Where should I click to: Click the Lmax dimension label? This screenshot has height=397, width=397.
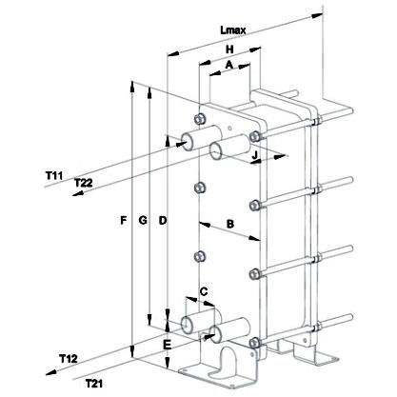(233, 30)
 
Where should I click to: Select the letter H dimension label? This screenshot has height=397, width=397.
(229, 50)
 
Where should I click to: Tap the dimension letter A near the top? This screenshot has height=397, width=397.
(228, 65)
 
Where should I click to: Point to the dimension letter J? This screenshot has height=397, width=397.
(254, 155)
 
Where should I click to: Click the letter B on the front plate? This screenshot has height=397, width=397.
(230, 224)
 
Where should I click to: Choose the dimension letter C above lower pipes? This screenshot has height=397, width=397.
(204, 290)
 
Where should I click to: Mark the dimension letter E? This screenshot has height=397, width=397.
(167, 345)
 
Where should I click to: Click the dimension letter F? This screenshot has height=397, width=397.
(124, 220)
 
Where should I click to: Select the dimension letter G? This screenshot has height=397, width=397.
(143, 220)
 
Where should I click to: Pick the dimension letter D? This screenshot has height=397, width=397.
(163, 220)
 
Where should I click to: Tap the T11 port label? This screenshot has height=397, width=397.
(54, 175)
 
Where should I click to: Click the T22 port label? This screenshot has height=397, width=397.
(84, 183)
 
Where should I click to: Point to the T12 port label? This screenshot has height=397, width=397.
(69, 359)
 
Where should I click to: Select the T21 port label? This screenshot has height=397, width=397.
(94, 384)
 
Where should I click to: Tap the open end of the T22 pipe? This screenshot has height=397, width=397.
(216, 150)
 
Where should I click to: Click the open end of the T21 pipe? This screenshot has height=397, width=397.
(216, 334)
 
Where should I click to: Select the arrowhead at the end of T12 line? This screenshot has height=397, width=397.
(51, 372)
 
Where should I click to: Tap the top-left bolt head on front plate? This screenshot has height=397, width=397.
(199, 119)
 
